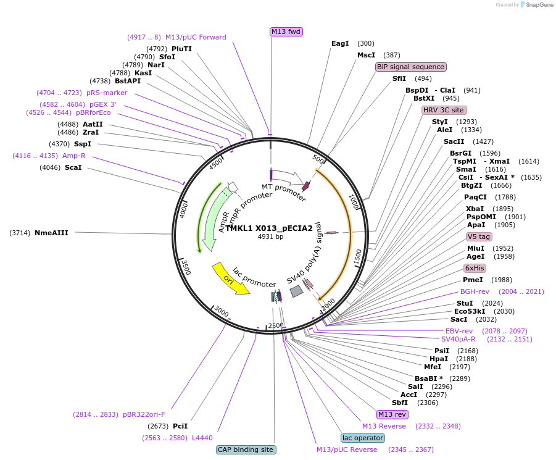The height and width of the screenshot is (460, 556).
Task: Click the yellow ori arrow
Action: (230, 279)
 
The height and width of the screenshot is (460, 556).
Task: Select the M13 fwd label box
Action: (286, 31)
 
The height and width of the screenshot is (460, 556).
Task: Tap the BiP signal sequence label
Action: (410, 67)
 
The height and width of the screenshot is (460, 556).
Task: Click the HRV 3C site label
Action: (443, 110)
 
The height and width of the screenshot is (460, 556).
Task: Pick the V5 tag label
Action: (479, 236)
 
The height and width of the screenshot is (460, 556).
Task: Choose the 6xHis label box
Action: (475, 268)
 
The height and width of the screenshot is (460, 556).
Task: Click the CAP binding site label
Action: (246, 450)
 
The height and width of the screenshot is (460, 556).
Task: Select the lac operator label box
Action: (363, 438)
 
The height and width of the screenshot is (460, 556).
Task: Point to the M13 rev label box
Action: (392, 414)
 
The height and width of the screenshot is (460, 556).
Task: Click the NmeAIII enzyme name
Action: (51, 233)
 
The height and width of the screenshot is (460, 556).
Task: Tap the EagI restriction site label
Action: (340, 43)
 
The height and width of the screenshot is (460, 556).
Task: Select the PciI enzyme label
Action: (180, 426)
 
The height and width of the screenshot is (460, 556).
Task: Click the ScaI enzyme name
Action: (73, 167)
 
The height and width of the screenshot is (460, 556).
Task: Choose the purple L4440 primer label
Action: (202, 438)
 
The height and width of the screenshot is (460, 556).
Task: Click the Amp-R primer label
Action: (73, 156)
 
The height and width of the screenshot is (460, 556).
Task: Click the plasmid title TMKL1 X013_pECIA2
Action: (270, 228)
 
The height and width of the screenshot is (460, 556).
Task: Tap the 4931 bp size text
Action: (270, 236)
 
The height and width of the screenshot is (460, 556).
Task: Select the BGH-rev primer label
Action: (475, 291)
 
